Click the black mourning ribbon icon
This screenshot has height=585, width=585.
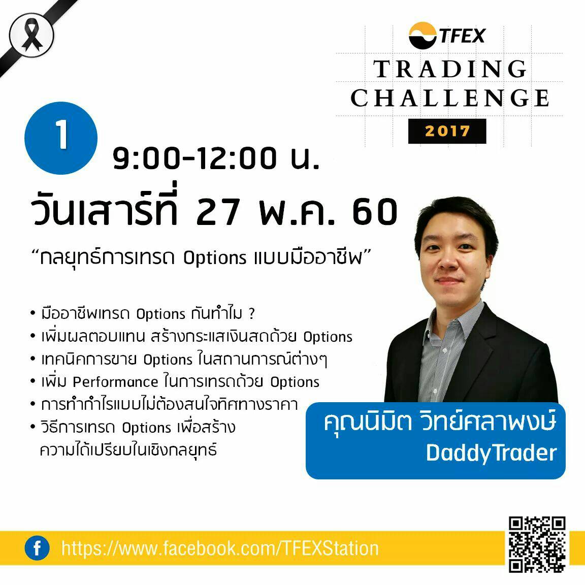31,35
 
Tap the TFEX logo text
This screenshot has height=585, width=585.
462,36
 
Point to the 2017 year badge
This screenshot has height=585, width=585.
447,131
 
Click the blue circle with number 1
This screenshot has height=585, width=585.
61,138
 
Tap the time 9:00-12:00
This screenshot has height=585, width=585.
195,158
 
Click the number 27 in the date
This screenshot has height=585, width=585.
217,212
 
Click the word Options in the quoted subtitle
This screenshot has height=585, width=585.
214,258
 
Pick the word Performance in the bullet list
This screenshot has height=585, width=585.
115,382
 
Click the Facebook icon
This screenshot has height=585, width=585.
37,548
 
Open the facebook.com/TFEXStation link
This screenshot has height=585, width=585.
220,548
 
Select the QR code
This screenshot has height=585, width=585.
537,544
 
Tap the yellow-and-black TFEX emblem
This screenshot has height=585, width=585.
422,36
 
